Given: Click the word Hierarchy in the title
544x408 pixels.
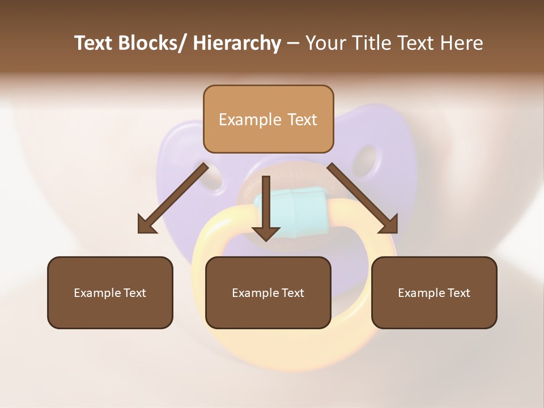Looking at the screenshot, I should tap(237, 44).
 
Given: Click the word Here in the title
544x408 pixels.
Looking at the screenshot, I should tap(462, 44).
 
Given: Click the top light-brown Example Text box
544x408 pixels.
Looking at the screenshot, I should tap(268, 119).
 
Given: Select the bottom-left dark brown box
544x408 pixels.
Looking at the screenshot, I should tap(110, 292).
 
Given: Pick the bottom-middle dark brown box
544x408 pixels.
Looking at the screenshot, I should tap(268, 292).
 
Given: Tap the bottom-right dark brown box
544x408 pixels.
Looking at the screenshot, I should tap(434, 292).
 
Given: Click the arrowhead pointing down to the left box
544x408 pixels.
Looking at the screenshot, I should tap(147, 225).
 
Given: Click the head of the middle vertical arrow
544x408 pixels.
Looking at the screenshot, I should tap(266, 233).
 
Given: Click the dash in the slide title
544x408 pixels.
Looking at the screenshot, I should tap(294, 44).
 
